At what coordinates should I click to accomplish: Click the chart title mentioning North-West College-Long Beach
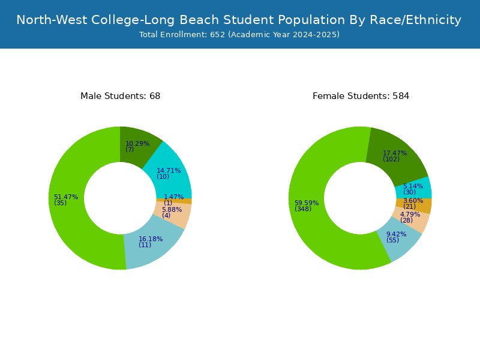coord(239,20)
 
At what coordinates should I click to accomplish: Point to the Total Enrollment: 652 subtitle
coord(239,35)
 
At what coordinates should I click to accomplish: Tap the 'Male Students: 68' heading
coord(121,96)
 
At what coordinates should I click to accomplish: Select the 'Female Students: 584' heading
coord(361,96)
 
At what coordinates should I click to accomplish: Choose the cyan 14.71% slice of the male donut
coord(171,175)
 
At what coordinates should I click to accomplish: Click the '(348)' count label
coord(303,209)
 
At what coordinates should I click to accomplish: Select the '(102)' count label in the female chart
coord(391,159)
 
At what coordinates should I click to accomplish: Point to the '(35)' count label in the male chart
coord(61,203)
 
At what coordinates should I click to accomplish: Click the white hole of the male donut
coord(121,198)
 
